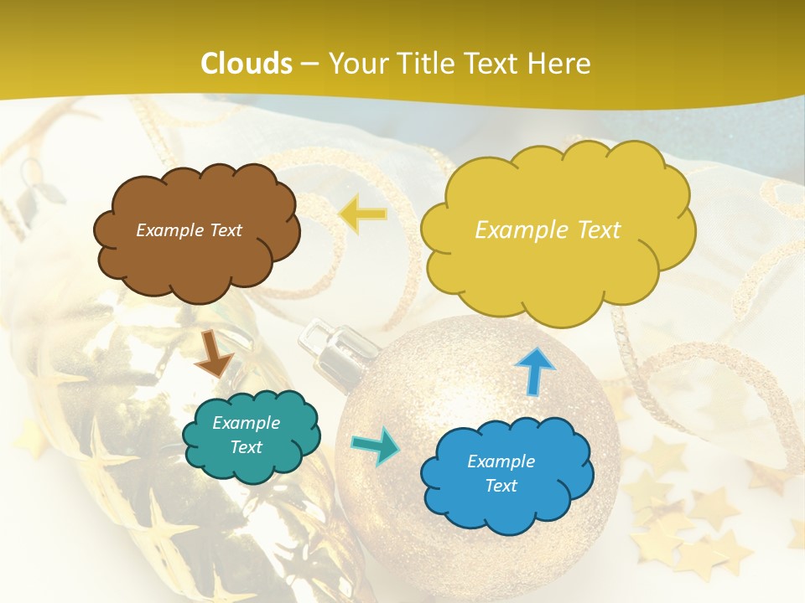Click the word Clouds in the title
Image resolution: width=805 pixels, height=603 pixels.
(x=247, y=64)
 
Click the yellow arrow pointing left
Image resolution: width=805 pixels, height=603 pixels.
(x=363, y=214)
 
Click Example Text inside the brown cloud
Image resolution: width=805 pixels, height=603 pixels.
(x=189, y=230)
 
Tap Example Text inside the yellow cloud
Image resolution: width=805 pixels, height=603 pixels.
(x=548, y=230)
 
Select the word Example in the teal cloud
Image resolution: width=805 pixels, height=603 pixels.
(x=246, y=423)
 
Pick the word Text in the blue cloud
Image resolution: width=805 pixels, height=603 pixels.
(x=501, y=486)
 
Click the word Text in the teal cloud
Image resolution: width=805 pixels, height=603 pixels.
(x=246, y=447)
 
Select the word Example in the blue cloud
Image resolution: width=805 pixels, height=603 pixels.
(x=501, y=461)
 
